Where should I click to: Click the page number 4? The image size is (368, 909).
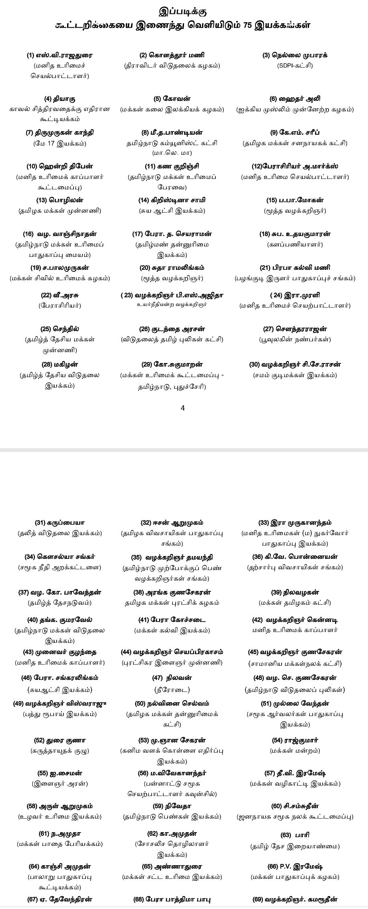coord(183,408)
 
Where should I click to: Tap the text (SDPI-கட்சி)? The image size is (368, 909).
coord(294,66)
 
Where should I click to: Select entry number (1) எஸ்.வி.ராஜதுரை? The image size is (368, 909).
coord(59,55)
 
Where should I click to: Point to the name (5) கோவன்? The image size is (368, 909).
coord(172,99)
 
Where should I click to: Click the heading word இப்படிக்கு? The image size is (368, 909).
coord(183,11)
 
